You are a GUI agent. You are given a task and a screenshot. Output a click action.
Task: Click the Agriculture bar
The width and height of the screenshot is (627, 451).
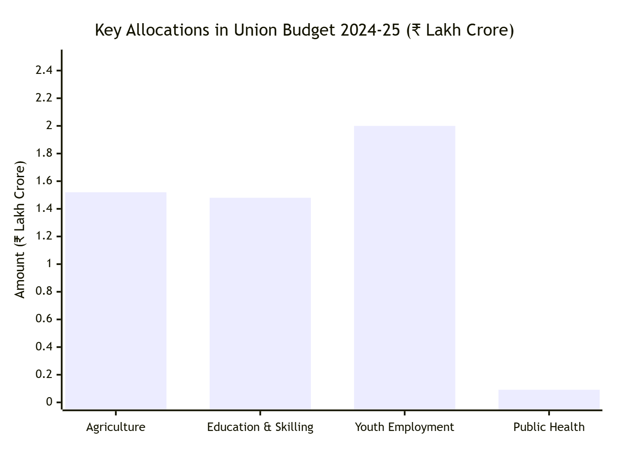click(116, 301)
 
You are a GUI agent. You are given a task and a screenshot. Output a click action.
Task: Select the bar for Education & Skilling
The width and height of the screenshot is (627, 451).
click(260, 303)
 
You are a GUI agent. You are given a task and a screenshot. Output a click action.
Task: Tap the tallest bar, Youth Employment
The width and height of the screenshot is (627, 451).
click(404, 267)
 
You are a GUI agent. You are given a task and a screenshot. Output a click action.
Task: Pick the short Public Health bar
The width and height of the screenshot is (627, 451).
click(549, 399)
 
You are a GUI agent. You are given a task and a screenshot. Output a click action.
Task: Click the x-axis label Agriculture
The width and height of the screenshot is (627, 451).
click(116, 427)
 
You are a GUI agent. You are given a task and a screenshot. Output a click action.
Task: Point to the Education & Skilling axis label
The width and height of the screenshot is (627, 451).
click(260, 427)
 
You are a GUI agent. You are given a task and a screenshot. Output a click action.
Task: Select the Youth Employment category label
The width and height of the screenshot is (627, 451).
click(404, 427)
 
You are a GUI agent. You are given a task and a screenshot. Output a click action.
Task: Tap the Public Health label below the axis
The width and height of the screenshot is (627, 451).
click(549, 427)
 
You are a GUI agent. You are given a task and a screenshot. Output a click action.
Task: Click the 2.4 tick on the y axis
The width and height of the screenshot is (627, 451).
click(44, 70)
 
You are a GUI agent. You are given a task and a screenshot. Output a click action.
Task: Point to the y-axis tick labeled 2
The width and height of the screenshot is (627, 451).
click(49, 126)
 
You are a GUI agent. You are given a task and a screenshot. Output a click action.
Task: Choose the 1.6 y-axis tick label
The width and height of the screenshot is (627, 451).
click(44, 181)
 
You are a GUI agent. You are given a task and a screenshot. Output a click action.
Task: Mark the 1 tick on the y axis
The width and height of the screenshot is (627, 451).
click(49, 264)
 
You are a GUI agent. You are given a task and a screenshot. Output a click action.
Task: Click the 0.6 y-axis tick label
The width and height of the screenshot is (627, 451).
click(44, 319)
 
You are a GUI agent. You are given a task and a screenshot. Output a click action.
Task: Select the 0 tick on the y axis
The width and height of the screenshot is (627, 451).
click(49, 402)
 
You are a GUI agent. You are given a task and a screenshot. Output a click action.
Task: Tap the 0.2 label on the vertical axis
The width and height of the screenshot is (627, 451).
click(44, 374)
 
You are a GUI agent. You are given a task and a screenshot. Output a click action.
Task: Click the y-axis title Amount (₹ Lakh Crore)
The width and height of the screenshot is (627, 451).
click(20, 229)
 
